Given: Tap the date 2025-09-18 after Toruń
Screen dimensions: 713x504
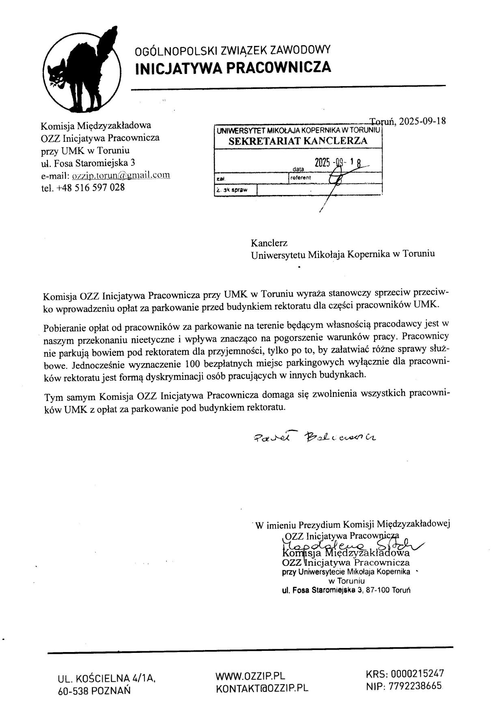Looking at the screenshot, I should (x=422, y=121).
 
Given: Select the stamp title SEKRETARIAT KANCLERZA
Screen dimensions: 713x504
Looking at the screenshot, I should (x=298, y=141).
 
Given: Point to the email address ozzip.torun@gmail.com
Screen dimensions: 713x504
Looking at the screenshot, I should (x=121, y=175).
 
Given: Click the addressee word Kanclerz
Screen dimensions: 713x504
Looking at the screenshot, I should (x=269, y=243).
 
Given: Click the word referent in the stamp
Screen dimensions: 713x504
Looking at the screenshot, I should (x=301, y=178).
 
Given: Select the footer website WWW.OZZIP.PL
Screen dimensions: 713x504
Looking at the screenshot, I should (x=250, y=676).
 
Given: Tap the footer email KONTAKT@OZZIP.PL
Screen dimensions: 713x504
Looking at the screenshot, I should (x=262, y=688).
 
